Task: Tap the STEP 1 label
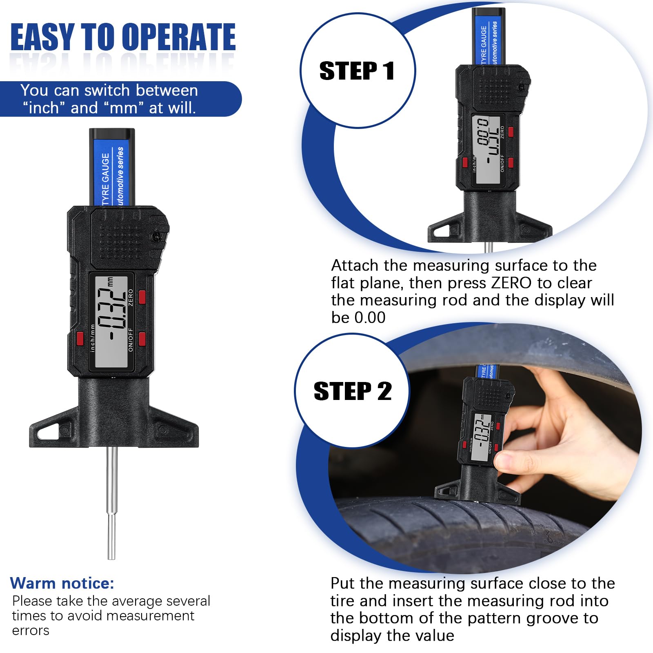(357, 71)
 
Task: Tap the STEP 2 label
(353, 391)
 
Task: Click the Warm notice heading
(62, 583)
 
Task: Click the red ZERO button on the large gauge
(142, 297)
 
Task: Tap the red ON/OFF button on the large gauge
(142, 339)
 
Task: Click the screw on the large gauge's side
(156, 236)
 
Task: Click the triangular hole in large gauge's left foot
(48, 431)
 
